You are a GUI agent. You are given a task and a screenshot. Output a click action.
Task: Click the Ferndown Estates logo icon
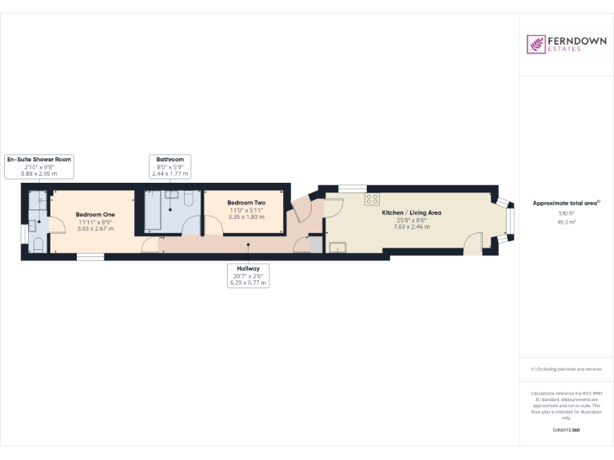pos(534,44)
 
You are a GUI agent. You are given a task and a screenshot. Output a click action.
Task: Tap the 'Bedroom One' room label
pos(95,215)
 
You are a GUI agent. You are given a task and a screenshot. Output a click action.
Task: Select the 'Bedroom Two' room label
pos(246,203)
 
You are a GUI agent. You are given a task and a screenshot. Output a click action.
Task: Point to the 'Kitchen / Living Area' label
pos(411,212)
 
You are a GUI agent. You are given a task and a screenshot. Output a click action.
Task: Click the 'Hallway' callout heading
pos(247,269)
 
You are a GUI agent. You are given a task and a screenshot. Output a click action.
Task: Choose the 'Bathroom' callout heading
pos(169,159)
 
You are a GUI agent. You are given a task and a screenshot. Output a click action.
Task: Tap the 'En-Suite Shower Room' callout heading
pos(39,159)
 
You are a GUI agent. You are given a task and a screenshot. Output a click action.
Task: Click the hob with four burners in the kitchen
pos(372,199)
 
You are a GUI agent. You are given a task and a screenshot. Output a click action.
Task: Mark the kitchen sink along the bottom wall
pos(337,247)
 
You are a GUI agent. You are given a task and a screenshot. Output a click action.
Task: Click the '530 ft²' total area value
pos(567,214)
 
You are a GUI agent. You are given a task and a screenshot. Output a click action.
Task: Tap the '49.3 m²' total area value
pos(567,223)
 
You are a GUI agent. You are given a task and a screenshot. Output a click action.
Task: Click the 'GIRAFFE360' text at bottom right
pos(567,430)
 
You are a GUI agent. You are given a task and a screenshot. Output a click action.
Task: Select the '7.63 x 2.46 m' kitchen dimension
pos(411,227)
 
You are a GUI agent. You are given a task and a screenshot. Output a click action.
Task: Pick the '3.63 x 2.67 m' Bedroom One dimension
pos(95,228)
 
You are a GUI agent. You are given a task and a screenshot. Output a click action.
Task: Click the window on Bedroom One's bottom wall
pos(90,256)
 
